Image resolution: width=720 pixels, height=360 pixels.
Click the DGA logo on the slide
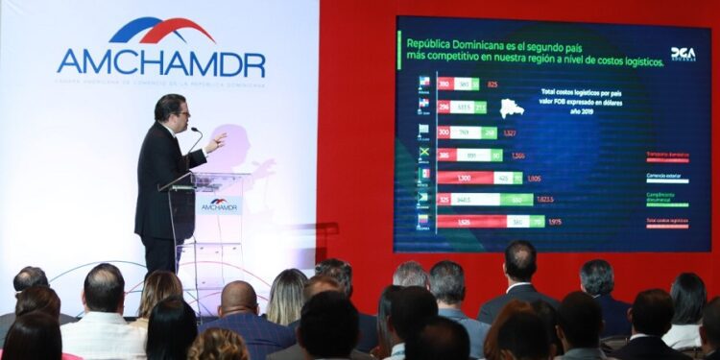tap(683, 54)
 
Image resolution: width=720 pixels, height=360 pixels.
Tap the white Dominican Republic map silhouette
tap(512, 108)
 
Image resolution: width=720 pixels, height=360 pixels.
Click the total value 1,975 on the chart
tap(555, 222)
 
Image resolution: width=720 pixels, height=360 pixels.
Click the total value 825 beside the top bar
tap(492, 84)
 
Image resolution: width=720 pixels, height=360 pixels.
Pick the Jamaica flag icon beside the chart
tap(423, 154)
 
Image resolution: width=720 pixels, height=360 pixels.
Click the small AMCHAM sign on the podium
tap(220, 204)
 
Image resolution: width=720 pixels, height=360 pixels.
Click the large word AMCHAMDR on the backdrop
tap(160, 62)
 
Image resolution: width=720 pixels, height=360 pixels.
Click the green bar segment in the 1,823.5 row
tap(517, 200)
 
